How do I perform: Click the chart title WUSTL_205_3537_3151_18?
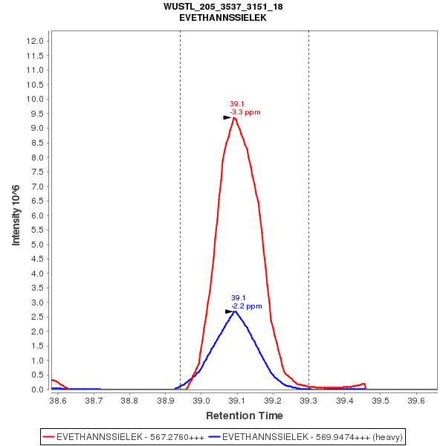[223, 7]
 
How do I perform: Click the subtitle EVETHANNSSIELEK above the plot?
[223, 17]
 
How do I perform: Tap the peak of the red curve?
[234, 117]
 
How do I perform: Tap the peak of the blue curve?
[235, 311]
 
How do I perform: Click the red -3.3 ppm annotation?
[245, 112]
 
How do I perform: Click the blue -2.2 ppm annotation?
[247, 306]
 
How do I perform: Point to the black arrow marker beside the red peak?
[227, 117]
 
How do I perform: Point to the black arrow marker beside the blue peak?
[229, 311]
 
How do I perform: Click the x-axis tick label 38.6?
[57, 400]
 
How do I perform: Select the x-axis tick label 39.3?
[308, 400]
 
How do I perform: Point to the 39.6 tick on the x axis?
[416, 400]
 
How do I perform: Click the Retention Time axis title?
[245, 415]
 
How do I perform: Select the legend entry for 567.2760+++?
[123, 436]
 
